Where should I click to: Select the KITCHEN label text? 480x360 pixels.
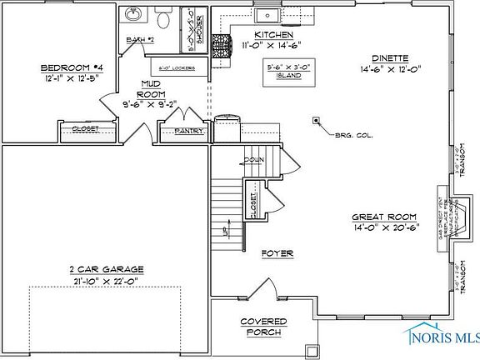[x=273, y=34]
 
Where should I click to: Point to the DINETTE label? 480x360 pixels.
[x=390, y=58]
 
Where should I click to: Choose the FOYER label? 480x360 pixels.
[x=276, y=252]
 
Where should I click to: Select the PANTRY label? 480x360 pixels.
[x=184, y=130]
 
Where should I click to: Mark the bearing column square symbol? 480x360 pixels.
[x=317, y=120]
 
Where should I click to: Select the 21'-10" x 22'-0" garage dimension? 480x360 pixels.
[x=105, y=281]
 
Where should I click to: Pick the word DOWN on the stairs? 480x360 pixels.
[x=255, y=159]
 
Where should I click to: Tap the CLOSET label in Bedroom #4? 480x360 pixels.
[x=85, y=128]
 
